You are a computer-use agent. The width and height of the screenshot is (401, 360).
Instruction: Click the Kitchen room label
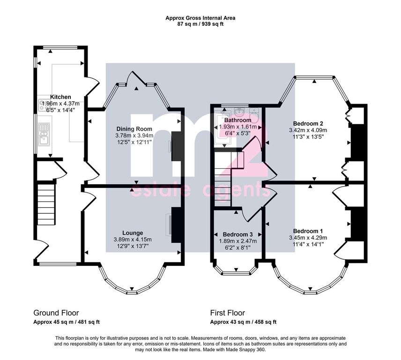click(60, 97)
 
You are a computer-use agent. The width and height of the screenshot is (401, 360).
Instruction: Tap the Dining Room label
click(134, 129)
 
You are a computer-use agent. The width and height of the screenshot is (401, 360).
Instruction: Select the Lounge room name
click(133, 233)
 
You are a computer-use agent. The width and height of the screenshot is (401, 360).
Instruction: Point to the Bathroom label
click(238, 120)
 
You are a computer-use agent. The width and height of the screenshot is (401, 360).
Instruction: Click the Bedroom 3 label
click(238, 234)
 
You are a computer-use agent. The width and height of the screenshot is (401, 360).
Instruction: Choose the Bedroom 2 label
click(308, 123)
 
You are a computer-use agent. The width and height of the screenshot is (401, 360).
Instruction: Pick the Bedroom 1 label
click(308, 231)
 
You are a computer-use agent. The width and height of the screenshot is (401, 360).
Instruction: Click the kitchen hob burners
click(41, 105)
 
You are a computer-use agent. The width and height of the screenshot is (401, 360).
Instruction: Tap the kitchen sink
click(44, 135)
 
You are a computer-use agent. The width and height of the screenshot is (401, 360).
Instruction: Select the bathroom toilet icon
click(254, 112)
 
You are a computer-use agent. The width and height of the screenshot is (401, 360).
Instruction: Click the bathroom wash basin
click(240, 112)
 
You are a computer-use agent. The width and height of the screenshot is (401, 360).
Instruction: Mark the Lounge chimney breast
click(176, 225)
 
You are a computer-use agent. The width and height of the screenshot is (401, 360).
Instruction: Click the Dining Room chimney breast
click(176, 146)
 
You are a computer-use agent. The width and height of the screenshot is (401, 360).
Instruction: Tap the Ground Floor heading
click(56, 313)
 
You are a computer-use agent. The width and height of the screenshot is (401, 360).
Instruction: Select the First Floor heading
click(227, 313)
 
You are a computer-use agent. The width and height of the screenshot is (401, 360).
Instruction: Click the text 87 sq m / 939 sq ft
click(200, 24)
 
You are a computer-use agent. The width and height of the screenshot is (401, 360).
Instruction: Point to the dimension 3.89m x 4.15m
click(133, 240)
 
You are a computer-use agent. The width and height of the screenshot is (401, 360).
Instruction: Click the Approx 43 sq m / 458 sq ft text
click(243, 322)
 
